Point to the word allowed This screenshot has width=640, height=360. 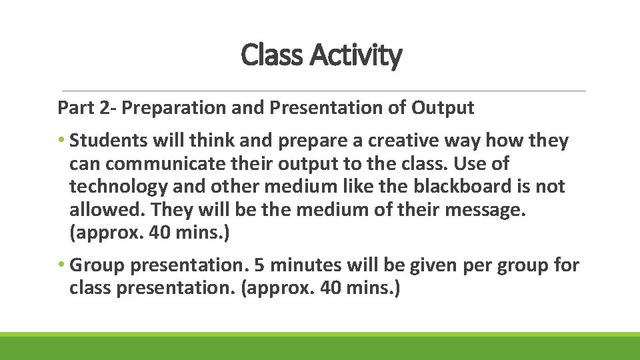click(107, 210)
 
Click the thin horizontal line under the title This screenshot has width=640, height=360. click(323, 91)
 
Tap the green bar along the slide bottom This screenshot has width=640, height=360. click(320, 347)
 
